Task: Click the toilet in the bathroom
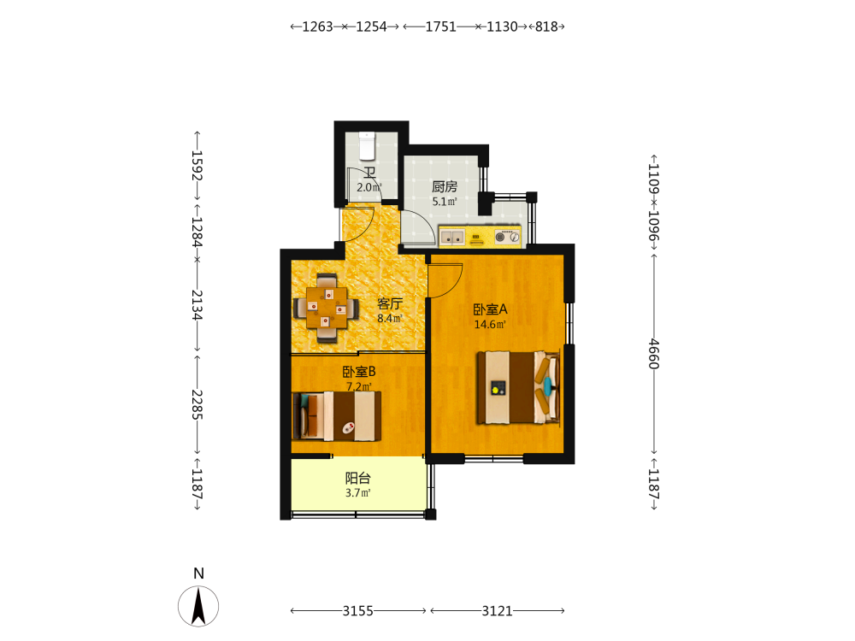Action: [367, 145]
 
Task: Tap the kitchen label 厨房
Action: [445, 187]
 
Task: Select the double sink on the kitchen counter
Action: [452, 237]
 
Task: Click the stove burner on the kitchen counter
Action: [507, 237]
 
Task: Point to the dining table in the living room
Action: [327, 308]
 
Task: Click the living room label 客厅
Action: [390, 303]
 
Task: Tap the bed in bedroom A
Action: [519, 387]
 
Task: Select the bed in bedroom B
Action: [336, 416]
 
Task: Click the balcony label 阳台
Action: [357, 479]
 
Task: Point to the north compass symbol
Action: [198, 606]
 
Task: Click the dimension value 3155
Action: [357, 611]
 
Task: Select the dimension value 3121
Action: [498, 611]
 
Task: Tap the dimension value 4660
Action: [654, 355]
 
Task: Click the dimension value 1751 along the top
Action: [440, 26]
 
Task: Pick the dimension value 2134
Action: [197, 305]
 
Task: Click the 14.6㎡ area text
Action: [490, 325]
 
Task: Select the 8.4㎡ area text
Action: [390, 318]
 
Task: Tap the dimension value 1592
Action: [197, 166]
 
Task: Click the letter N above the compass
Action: [198, 573]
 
